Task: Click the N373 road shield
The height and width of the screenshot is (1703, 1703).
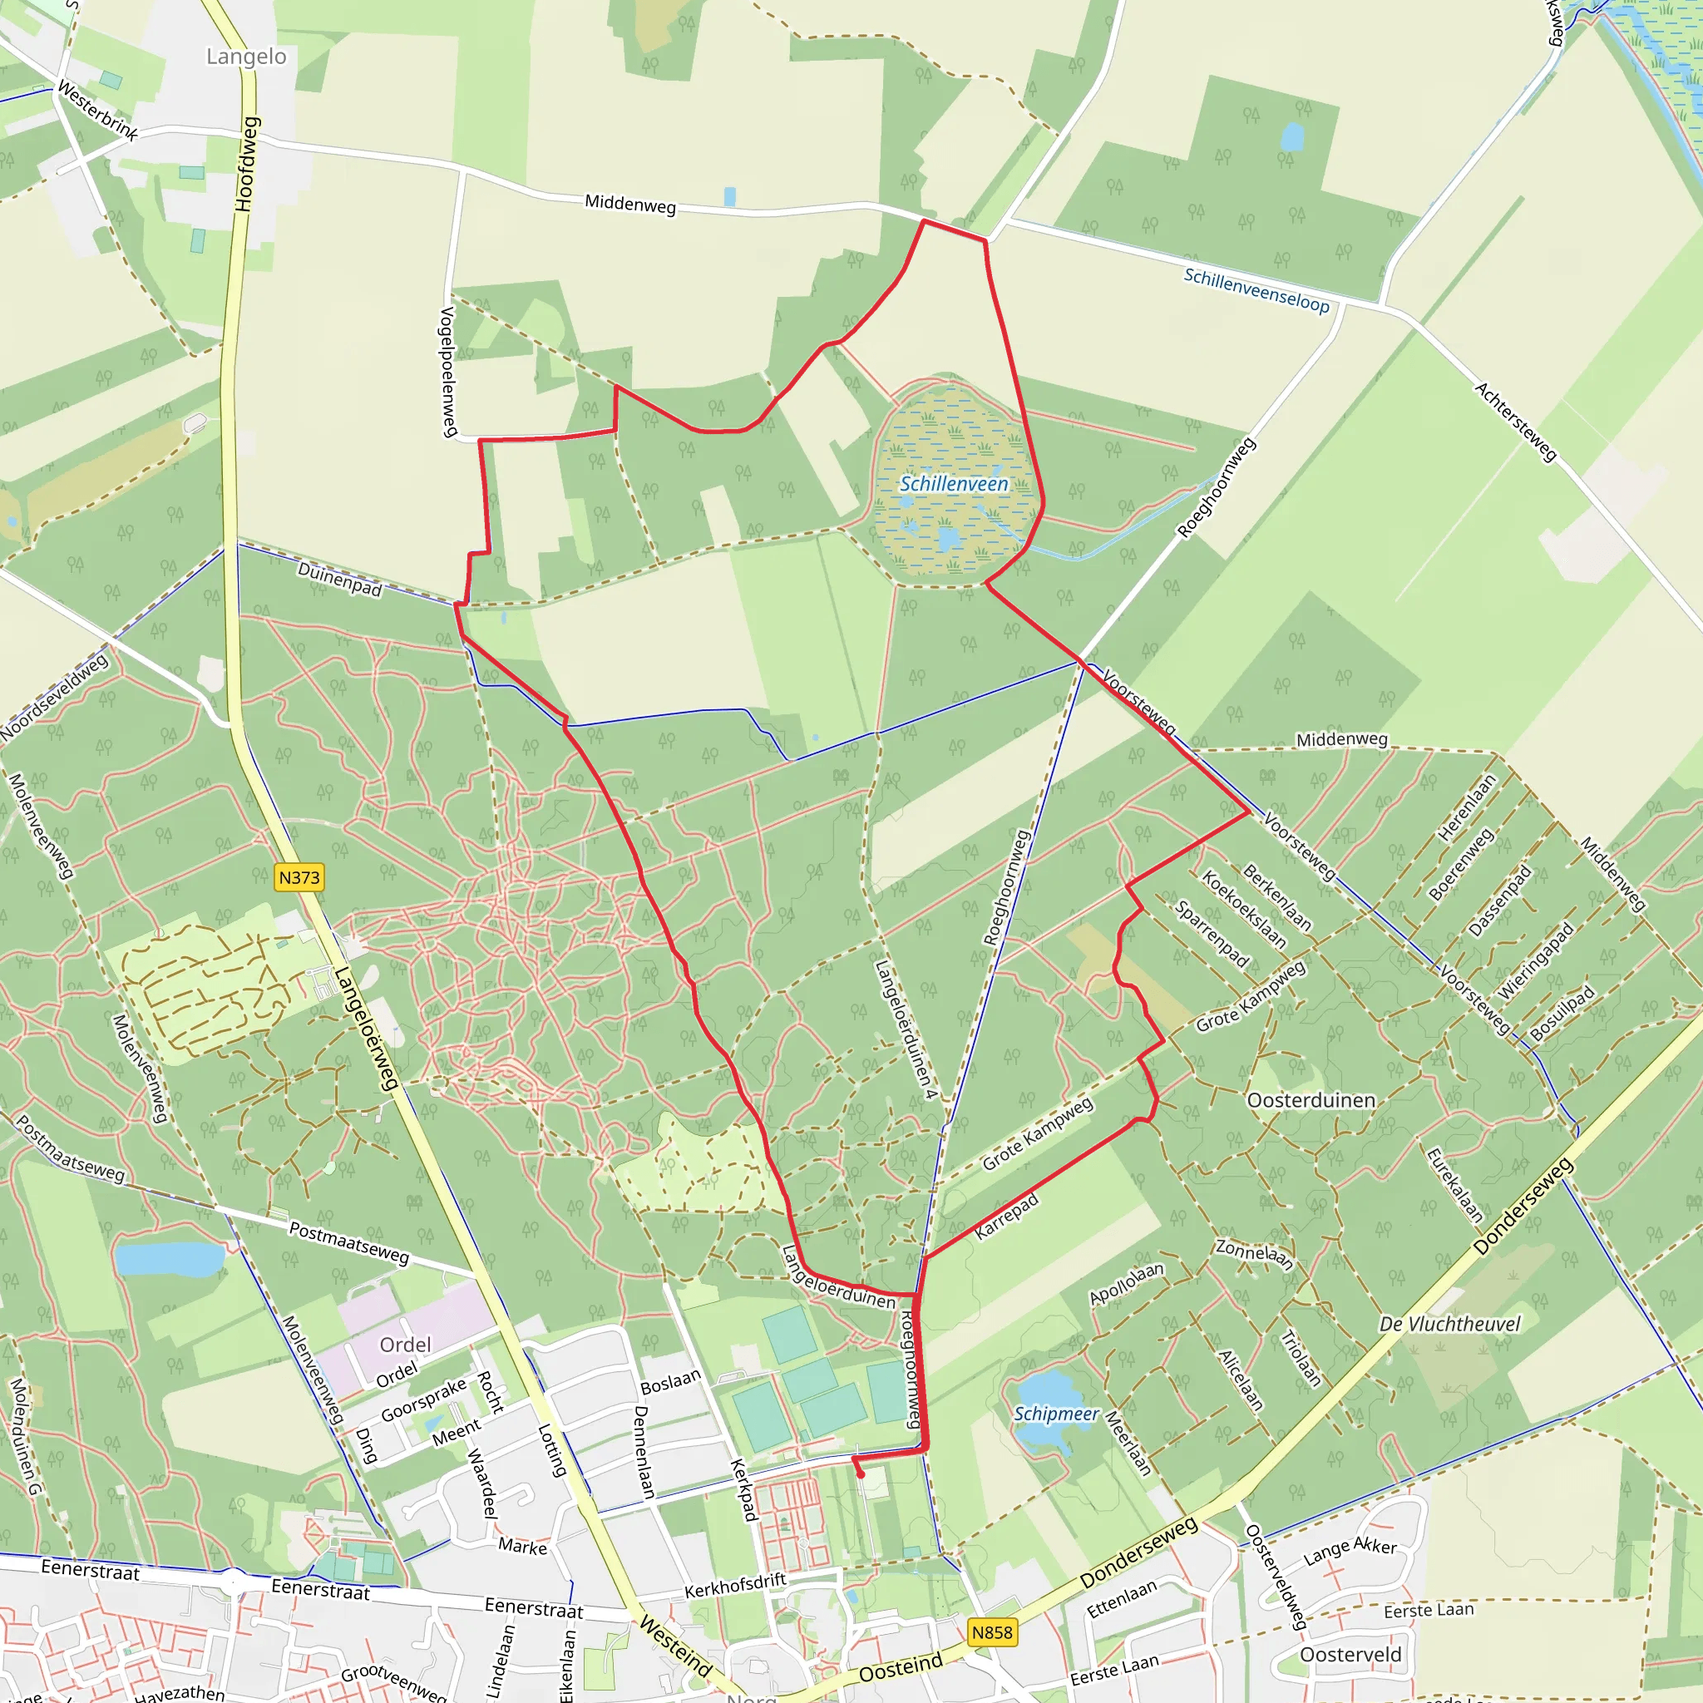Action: (x=299, y=877)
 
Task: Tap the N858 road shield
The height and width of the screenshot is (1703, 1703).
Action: (x=992, y=1632)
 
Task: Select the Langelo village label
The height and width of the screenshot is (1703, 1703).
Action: (x=246, y=57)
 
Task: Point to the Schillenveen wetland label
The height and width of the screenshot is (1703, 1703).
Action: (x=954, y=484)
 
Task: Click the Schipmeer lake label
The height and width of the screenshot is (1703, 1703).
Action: (x=1056, y=1414)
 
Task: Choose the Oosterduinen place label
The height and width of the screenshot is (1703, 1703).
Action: (x=1311, y=1100)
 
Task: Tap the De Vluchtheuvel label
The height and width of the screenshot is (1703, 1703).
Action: (x=1450, y=1324)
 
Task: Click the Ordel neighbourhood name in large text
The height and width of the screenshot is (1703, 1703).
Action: (x=406, y=1345)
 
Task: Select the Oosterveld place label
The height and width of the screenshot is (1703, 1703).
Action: (x=1350, y=1655)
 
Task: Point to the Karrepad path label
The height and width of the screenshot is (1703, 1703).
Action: (x=1007, y=1217)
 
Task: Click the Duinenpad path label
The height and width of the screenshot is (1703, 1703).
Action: (x=339, y=579)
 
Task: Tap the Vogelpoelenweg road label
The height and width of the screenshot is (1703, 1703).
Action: (x=448, y=372)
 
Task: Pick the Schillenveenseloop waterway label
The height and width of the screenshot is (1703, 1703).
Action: (x=1256, y=290)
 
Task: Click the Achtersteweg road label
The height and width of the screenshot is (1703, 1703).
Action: (x=1516, y=422)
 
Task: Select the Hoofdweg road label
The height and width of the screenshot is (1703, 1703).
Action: (x=247, y=164)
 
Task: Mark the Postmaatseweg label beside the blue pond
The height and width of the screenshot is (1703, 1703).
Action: (x=349, y=1243)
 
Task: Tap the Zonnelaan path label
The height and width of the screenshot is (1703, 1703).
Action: (x=1254, y=1254)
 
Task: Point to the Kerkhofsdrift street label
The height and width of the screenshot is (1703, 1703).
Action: (x=735, y=1586)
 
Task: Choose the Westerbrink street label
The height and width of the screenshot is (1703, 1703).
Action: (x=98, y=111)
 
